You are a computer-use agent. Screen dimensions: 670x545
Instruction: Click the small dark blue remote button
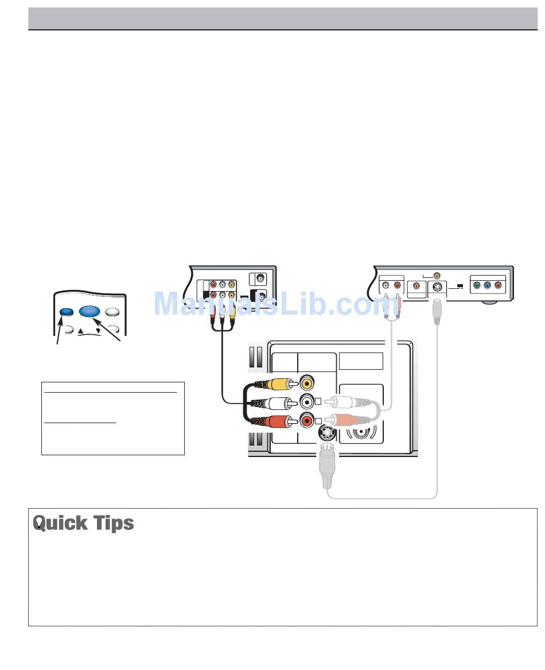tap(67, 311)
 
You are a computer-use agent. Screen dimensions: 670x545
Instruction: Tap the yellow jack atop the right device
tap(438, 276)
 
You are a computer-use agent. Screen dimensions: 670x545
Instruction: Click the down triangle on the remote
tap(98, 331)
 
